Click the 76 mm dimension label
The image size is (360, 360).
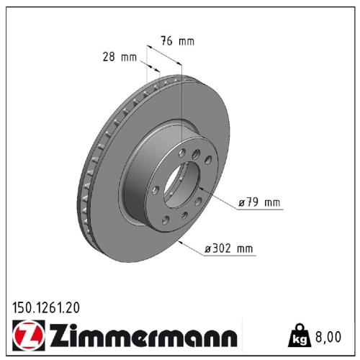tap(176, 41)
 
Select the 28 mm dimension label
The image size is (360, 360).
tap(120, 57)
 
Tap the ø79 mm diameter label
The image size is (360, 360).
tap(257, 202)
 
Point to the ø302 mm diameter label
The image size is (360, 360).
tap(229, 249)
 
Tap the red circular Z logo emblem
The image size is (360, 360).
tap(27, 336)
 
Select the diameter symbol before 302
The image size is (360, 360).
tap(207, 249)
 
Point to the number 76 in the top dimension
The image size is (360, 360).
tap(166, 41)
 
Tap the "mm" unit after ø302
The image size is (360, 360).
tap(245, 249)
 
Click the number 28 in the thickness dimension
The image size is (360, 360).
tap(109, 57)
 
